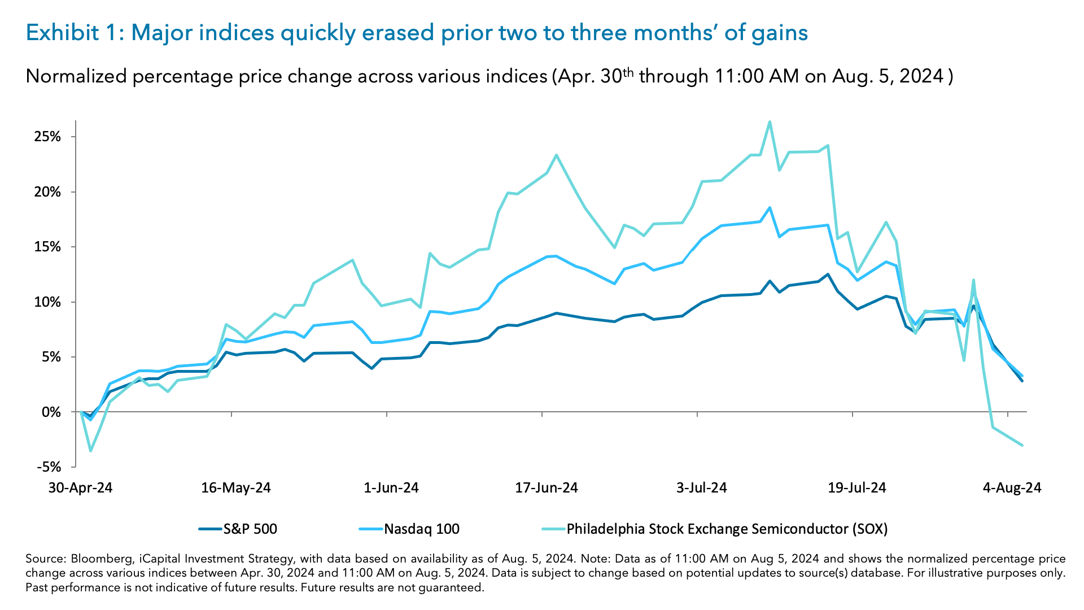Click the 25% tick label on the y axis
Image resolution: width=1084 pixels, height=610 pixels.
click(x=47, y=137)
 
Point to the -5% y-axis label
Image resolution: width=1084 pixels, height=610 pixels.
click(x=49, y=467)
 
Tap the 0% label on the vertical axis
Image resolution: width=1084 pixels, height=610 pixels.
click(x=51, y=412)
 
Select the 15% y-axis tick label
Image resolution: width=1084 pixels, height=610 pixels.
click(x=47, y=247)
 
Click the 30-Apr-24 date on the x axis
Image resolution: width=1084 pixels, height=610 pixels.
click(x=80, y=488)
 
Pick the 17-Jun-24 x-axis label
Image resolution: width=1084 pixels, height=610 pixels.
click(x=546, y=488)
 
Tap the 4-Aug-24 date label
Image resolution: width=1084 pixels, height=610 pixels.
click(x=1012, y=488)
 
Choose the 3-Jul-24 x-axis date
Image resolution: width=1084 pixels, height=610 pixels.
click(x=701, y=488)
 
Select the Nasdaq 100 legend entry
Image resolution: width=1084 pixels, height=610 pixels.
click(x=421, y=529)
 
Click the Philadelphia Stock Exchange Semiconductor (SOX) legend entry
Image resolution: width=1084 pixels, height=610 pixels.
click(x=727, y=529)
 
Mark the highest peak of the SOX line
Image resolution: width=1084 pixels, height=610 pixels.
click(x=770, y=122)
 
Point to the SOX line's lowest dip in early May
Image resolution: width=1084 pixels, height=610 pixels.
click(x=90, y=451)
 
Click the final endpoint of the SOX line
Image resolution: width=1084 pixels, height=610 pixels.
click(x=1022, y=445)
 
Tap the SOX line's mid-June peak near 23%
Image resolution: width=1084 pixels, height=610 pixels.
click(x=556, y=155)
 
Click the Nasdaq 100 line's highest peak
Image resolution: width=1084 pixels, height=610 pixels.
click(x=770, y=207)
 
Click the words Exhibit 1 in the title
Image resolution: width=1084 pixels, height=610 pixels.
click(x=71, y=33)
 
